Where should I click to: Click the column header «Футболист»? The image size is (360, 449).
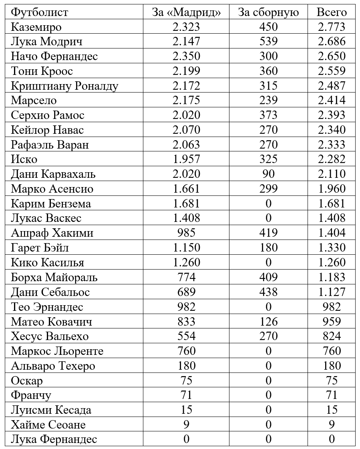tap(40, 12)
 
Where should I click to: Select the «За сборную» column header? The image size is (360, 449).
tap(268, 12)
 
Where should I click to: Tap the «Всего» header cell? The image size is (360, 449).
tap(332, 12)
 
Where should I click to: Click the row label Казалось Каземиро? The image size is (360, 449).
tap(36, 27)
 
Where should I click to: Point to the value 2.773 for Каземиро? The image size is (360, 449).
tap(332, 27)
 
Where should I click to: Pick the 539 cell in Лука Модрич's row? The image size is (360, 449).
tap(268, 42)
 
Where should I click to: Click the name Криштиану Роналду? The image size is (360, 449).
tap(65, 86)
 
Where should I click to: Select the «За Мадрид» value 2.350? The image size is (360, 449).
tap(186, 56)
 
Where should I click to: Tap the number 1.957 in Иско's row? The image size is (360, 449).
tap(186, 159)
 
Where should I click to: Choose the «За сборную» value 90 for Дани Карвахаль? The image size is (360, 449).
tap(268, 174)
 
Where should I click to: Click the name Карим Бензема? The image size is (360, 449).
tap(51, 203)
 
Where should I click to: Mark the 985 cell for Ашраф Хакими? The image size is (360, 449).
tap(186, 233)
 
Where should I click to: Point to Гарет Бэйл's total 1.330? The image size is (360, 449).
tap(332, 248)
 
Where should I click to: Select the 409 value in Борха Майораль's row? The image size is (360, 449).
tap(268, 277)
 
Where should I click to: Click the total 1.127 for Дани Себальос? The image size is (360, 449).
tap(332, 292)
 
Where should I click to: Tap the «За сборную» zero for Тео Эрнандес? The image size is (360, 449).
tap(268, 307)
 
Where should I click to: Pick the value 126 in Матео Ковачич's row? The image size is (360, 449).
tap(268, 321)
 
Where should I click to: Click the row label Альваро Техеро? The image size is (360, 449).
tap(53, 366)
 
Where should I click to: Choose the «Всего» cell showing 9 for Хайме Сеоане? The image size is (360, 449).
tap(332, 425)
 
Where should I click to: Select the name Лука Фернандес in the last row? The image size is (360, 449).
tap(54, 439)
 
